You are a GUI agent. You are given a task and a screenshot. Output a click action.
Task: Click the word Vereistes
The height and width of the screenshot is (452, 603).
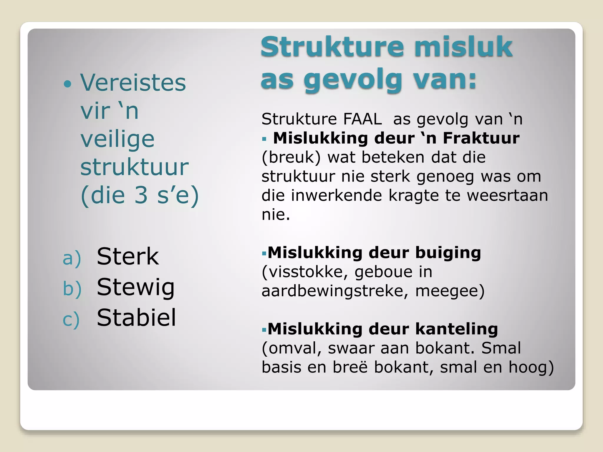(133, 83)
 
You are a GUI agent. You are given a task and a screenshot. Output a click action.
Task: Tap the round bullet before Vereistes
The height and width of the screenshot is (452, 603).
(68, 84)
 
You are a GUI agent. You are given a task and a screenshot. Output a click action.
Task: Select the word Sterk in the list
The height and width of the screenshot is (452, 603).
(128, 257)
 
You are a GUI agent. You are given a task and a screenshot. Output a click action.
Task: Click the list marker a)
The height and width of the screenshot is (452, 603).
(72, 258)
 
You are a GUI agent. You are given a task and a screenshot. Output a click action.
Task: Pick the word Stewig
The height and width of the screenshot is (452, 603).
(136, 288)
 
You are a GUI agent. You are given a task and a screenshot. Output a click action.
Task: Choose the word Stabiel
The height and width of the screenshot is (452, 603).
(136, 318)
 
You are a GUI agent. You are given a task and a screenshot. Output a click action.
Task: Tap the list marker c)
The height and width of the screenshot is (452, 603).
(71, 320)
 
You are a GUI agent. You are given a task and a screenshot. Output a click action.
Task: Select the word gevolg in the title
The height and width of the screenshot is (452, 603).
(353, 80)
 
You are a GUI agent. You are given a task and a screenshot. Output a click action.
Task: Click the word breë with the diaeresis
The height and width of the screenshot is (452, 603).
(350, 367)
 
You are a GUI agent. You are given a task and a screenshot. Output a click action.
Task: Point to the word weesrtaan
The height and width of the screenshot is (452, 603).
(507, 195)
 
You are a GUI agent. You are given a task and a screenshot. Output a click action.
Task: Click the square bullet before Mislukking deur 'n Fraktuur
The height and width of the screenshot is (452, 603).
(264, 139)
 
